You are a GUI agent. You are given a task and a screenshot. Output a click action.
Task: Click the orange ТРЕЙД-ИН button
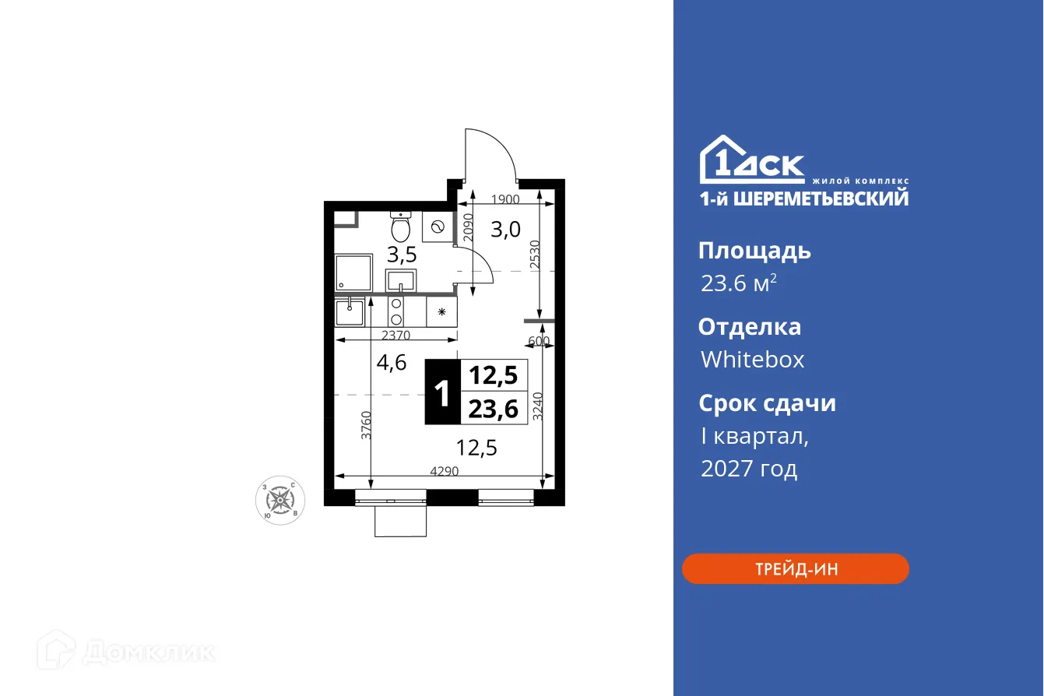pyautogui.click(x=795, y=568)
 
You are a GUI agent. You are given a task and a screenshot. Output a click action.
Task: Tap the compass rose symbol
pyautogui.click(x=280, y=498)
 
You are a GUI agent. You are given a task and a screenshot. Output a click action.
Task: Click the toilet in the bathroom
pyautogui.click(x=401, y=227)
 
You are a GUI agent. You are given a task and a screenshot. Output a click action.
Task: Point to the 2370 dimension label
pyautogui.click(x=397, y=336)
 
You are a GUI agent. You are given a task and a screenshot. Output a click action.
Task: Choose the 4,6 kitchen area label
pyautogui.click(x=391, y=362)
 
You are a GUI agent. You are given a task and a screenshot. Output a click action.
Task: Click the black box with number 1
pyautogui.click(x=442, y=392)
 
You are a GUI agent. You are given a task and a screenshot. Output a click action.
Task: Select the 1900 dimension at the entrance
pyautogui.click(x=506, y=199)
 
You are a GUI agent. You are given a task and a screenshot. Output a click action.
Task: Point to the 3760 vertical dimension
pyautogui.click(x=366, y=424)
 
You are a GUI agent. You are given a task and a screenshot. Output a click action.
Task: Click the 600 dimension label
pyautogui.click(x=539, y=341)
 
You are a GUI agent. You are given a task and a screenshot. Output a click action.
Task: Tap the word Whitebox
pyautogui.click(x=752, y=360)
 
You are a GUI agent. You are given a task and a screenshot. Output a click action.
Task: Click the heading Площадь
pyautogui.click(x=754, y=251)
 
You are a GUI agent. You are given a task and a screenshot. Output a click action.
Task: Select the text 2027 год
pyautogui.click(x=749, y=469)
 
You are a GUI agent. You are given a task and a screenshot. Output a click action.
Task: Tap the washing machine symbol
pyautogui.click(x=438, y=227)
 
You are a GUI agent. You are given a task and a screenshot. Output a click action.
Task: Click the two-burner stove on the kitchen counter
pyautogui.click(x=396, y=311)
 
